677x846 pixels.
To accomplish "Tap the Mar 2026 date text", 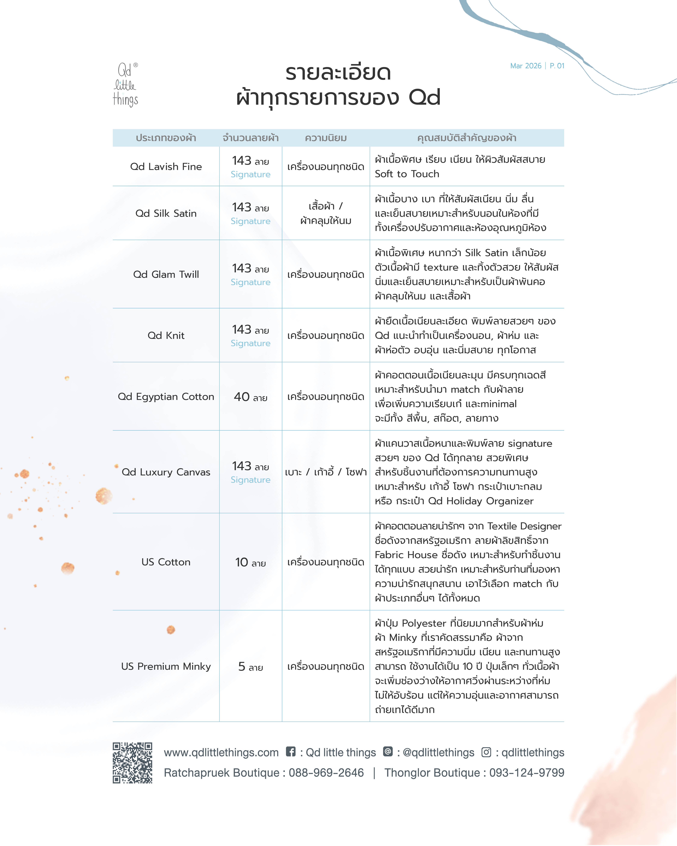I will [x=526, y=66].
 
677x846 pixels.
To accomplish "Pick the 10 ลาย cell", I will [x=250, y=562].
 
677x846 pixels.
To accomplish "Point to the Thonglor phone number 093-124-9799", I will [x=527, y=773].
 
